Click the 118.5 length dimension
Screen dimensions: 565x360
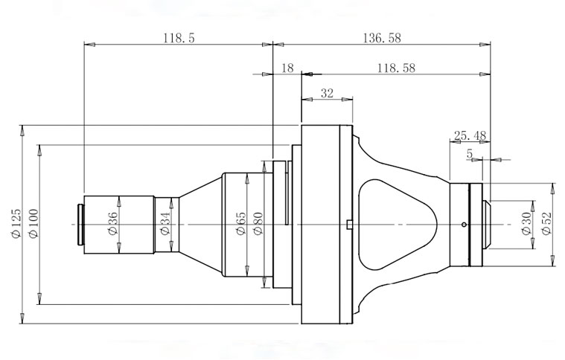pos(179,37)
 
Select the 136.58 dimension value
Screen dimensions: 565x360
pos(382,37)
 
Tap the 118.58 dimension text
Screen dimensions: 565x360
pos(396,68)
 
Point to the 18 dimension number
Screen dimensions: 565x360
pos(287,68)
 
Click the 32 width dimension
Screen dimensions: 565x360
pos(328,93)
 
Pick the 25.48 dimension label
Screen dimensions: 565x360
pos(470,135)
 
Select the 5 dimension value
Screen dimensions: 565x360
pos(469,154)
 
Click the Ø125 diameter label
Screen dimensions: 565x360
pos(16,223)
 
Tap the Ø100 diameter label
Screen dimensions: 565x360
pos(33,223)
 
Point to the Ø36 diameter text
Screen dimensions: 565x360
pos(112,223)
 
